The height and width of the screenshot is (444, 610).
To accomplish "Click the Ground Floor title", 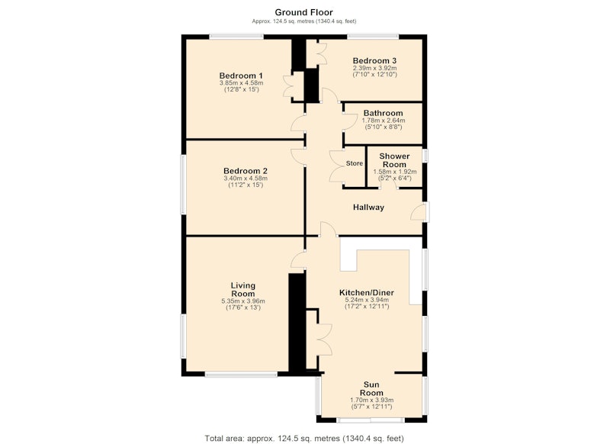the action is pos(303,12).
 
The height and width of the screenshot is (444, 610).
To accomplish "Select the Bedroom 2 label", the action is pos(246,171).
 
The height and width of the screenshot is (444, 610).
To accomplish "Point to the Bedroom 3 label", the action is pos(374,61).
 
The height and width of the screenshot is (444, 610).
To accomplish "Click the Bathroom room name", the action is pos(384,113).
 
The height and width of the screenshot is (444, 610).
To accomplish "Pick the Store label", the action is pos(355,163).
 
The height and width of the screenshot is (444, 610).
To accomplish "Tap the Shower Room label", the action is pos(394,160).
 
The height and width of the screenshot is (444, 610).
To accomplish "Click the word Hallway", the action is pos(368,208).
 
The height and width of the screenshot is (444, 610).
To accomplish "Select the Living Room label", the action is pos(243,290).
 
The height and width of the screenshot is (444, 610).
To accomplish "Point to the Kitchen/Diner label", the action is pos(367,293).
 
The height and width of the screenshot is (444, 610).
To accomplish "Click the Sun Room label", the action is pos(371,389).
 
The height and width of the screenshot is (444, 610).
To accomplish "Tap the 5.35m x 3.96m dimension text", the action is pos(243,301).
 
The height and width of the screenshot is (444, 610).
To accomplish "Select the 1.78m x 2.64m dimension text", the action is pos(384,121).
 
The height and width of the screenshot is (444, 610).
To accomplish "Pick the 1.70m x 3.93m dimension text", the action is pos(371,400).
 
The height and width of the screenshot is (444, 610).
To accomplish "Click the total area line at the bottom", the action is pos(304,439).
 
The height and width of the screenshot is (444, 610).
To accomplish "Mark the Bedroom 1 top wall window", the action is pos(236,37).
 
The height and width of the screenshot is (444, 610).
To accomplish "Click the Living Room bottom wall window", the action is pos(241,375).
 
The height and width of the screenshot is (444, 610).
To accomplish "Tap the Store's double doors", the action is pos(335,166).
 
